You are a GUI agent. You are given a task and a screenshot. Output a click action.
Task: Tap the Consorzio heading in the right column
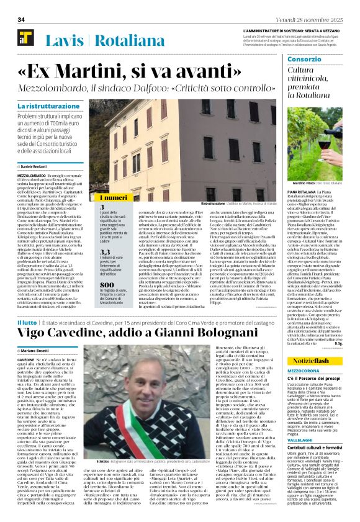click(304, 60)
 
